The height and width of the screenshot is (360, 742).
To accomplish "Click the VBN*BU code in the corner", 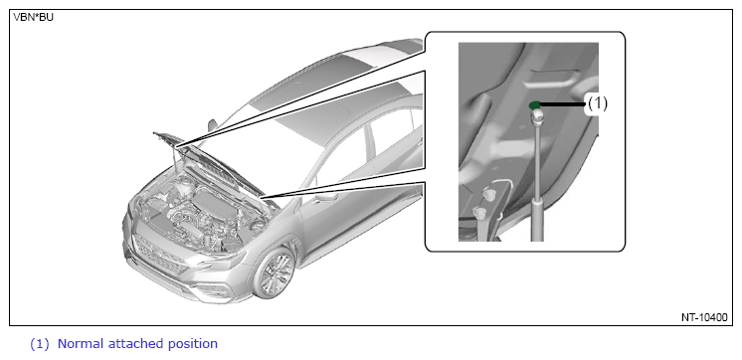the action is click(x=33, y=18).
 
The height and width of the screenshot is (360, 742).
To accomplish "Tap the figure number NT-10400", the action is click(x=704, y=317).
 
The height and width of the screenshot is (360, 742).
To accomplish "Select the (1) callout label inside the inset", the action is click(x=597, y=103).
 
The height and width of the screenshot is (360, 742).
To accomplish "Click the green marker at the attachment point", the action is click(x=535, y=104).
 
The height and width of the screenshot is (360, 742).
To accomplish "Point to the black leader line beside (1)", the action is click(x=563, y=104).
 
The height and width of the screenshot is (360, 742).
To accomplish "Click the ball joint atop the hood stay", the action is click(x=536, y=115).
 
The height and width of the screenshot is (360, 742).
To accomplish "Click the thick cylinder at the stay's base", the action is click(x=537, y=220).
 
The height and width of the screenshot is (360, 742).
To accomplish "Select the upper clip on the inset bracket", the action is click(x=489, y=194).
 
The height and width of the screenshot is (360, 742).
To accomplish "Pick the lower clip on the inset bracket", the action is click(x=480, y=213).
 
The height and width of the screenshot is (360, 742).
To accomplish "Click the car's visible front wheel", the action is click(x=275, y=273).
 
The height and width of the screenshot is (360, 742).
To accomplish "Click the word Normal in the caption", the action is click(x=81, y=343).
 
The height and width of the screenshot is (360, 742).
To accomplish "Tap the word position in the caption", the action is click(x=193, y=344).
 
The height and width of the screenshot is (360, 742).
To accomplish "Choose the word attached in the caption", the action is click(x=136, y=343).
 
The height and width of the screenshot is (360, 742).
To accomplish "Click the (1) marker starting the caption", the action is click(x=39, y=344).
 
